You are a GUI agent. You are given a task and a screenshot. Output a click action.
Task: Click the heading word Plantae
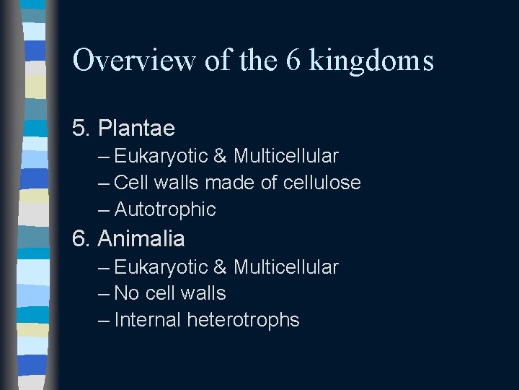136,129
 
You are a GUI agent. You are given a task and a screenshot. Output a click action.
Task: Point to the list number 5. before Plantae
81,129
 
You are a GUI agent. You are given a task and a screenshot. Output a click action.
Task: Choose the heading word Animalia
141,238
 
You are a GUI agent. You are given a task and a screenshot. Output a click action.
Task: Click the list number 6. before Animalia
81,238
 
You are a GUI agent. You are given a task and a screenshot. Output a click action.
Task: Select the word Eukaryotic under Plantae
160,157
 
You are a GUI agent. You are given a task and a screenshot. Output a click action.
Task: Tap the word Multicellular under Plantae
285,156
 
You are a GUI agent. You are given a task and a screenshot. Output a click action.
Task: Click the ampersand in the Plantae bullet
220,156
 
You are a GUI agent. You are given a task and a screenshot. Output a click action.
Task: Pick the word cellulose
321,183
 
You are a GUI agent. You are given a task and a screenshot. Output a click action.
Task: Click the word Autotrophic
165,209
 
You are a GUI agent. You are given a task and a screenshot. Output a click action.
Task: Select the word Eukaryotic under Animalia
160,268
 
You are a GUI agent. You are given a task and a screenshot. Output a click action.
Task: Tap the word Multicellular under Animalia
285,267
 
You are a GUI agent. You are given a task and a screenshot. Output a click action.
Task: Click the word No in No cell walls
126,293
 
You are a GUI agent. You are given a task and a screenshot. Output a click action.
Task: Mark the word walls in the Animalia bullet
205,293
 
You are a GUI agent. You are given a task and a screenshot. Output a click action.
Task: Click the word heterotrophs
243,320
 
